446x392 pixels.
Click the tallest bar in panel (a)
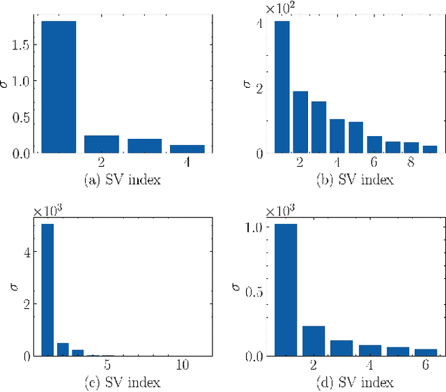click(59, 86)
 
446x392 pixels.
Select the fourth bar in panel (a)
click(187, 149)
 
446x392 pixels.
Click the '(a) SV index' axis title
click(121, 180)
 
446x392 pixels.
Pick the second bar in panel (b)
click(300, 122)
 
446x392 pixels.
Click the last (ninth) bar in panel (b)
click(430, 149)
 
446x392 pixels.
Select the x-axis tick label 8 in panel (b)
click(411, 163)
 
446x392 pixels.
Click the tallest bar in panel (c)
click(47, 289)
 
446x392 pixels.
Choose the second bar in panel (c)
click(63, 349)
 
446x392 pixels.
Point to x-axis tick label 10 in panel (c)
click(182, 365)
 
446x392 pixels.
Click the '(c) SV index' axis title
click(121, 382)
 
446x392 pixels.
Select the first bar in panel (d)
click(280, 289)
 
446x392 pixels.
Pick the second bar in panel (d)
click(314, 340)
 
